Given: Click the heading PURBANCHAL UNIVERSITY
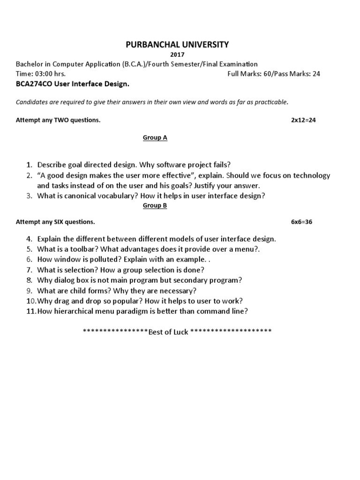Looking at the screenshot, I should click(x=177, y=45).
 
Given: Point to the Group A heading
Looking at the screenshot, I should click(x=155, y=138).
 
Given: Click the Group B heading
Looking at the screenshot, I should click(x=155, y=205).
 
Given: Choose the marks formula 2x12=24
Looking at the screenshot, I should click(x=303, y=120).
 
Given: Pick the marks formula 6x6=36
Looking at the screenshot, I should click(x=301, y=222).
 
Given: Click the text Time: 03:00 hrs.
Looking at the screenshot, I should click(x=41, y=74).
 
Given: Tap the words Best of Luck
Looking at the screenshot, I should click(x=168, y=332).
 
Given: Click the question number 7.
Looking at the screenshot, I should click(x=29, y=270).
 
